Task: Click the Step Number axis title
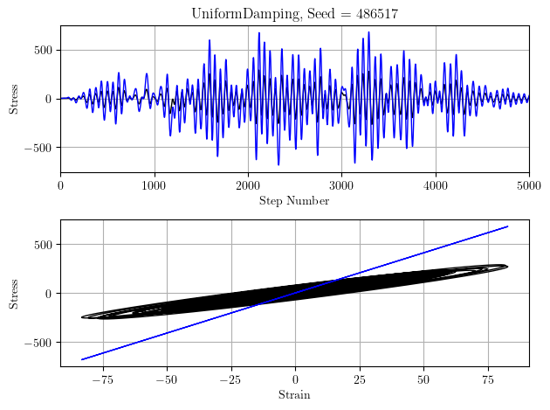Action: tap(294, 201)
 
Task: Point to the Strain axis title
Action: tap(294, 395)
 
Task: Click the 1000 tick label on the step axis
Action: tap(154, 185)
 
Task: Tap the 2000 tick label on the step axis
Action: tap(248, 185)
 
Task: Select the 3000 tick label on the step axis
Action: tap(341, 185)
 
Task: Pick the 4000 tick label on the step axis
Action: tap(435, 185)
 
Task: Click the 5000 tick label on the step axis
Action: tap(528, 185)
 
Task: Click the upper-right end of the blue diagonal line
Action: tap(507, 226)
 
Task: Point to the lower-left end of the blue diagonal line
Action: tap(82, 359)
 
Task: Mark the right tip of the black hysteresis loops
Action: tap(507, 267)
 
